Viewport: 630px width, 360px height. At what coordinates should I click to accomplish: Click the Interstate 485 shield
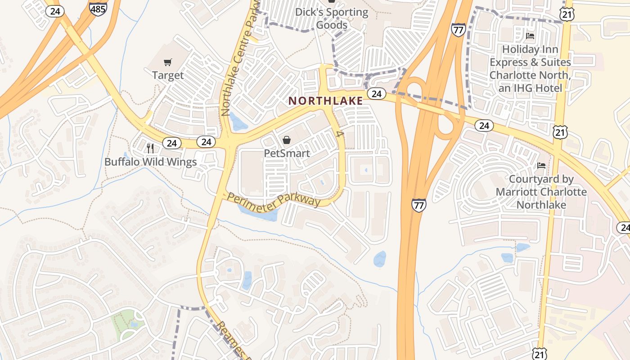coord(98,8)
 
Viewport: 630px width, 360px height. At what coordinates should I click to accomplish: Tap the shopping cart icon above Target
coord(168,62)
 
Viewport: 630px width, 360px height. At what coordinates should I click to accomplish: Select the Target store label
coord(168,75)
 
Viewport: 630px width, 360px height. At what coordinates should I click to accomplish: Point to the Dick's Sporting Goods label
coord(332,18)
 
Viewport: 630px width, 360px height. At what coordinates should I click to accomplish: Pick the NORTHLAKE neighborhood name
coord(326,101)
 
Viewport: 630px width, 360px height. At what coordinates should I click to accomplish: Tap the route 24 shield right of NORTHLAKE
coord(377,94)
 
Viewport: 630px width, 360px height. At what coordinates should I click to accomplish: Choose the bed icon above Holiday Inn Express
coord(530,36)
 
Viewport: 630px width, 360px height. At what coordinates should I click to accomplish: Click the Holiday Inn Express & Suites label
coord(530,68)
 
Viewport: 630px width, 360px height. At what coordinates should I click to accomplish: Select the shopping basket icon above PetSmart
coord(287,140)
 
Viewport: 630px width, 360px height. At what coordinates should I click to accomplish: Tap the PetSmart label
coord(287,153)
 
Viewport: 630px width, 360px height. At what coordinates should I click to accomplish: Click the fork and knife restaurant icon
coord(150,148)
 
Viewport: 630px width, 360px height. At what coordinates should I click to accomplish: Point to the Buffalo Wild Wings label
coord(150,162)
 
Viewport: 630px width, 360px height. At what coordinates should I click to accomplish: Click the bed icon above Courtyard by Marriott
coord(541,166)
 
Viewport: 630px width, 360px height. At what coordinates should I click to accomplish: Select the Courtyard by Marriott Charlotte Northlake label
coord(541,192)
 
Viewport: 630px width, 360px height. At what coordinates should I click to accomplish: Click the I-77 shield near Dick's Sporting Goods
coord(458,30)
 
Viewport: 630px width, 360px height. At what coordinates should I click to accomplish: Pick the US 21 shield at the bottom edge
coord(540,354)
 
